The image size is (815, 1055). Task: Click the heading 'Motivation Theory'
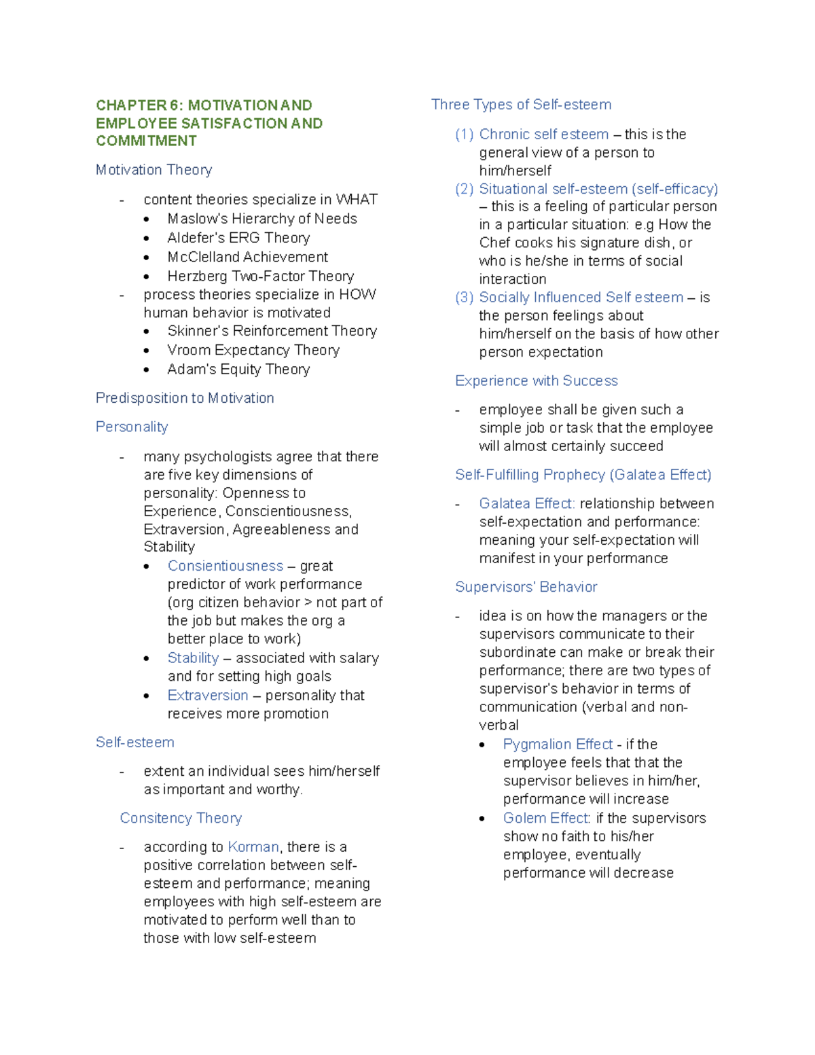153,170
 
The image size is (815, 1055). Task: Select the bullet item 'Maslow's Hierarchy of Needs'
261,219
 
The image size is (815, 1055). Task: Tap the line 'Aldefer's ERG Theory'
238,238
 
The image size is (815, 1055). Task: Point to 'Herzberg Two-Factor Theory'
260,276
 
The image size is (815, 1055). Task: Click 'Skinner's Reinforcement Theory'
272,331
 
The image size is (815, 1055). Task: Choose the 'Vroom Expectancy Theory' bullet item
253,350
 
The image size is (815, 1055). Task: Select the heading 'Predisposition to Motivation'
185,398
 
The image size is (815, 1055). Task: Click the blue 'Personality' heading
132,427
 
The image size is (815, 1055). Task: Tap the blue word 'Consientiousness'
225,566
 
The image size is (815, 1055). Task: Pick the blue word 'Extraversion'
208,696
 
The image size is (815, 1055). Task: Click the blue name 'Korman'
253,847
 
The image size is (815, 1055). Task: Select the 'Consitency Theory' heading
181,818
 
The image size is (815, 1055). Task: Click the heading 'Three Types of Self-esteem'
521,105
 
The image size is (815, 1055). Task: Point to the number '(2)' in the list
464,189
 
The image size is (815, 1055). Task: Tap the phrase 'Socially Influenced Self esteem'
581,298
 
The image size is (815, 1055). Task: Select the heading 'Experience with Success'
536,380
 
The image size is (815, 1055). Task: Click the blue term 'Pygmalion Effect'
558,745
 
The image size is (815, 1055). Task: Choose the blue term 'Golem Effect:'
547,818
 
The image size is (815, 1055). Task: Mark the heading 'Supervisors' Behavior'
526,587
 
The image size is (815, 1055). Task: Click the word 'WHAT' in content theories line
357,200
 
